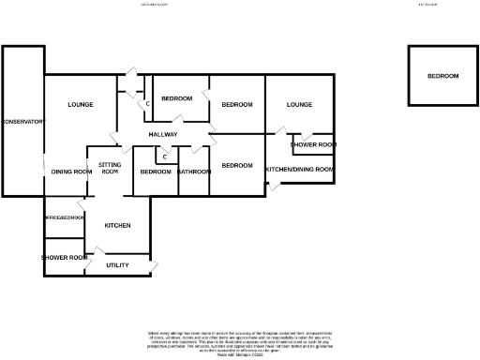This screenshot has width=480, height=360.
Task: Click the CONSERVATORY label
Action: pyautogui.click(x=22, y=122)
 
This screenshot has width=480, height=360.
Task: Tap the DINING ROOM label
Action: pyautogui.click(x=71, y=172)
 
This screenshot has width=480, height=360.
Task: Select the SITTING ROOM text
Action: pyautogui.click(x=110, y=168)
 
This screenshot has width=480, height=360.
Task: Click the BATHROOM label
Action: pyautogui.click(x=194, y=172)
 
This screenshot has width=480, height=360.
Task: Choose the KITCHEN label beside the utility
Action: pyautogui.click(x=117, y=226)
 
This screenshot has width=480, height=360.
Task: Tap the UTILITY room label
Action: pyautogui.click(x=117, y=265)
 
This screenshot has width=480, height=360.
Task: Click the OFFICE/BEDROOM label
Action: pyautogui.click(x=65, y=217)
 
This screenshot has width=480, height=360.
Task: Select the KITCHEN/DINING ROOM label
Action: pyautogui.click(x=300, y=169)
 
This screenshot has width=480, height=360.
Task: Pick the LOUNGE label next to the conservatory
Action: pyautogui.click(x=81, y=104)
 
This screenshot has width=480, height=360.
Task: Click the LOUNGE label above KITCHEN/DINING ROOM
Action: pyautogui.click(x=299, y=104)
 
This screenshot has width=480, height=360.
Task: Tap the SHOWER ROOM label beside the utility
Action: pyautogui.click(x=65, y=257)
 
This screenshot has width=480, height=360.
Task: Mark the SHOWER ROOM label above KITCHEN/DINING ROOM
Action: pyautogui.click(x=313, y=145)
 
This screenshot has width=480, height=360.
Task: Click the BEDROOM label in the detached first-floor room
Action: pyautogui.click(x=443, y=76)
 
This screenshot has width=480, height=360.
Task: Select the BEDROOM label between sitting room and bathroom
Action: pyautogui.click(x=155, y=172)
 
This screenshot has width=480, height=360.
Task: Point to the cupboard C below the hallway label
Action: pyautogui.click(x=164, y=157)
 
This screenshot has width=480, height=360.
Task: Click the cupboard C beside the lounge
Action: pyautogui.click(x=147, y=103)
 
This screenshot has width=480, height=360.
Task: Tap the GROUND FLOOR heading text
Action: pyautogui.click(x=151, y=4)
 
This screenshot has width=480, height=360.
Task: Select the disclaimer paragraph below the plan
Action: pyautogui.click(x=239, y=341)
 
